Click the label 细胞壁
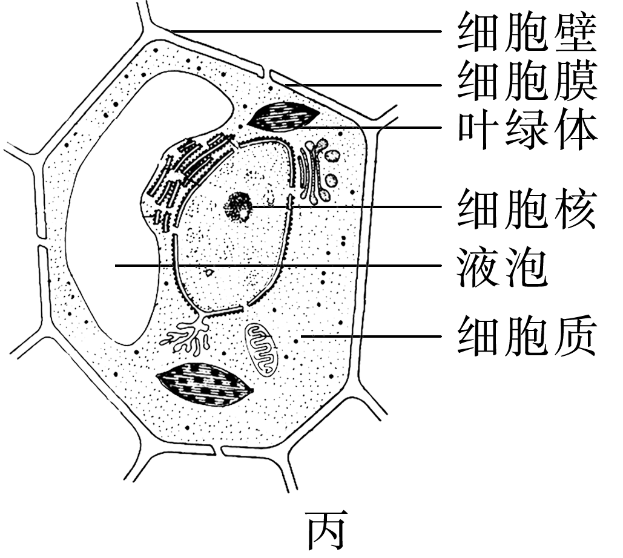pos(527,31)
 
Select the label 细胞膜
pos(527,82)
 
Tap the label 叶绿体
pos(527,128)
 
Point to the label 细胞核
pos(527,208)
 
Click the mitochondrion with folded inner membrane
pos(261,347)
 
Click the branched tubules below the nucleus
pos(188,336)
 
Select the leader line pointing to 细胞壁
pos(303,31)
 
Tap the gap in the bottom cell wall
pos(218,450)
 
